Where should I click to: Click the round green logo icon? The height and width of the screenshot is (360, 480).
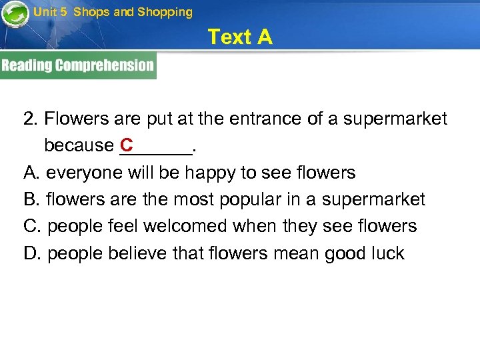[x=15, y=15]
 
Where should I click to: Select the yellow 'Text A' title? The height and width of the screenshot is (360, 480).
[x=240, y=37]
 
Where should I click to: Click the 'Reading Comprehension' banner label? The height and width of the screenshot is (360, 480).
[x=77, y=65]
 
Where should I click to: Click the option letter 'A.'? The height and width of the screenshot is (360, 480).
[x=32, y=173]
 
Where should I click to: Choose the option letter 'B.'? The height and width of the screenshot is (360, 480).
[x=32, y=199]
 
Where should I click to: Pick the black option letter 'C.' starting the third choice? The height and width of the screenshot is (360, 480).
[x=33, y=226]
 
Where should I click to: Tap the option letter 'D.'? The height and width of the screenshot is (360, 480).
[x=33, y=253]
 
